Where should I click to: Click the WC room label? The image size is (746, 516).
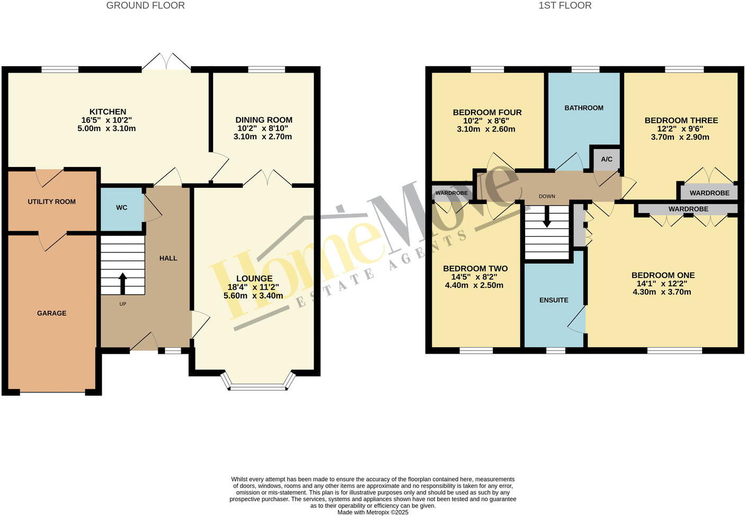122,207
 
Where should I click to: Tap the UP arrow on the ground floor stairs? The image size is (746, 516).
123,283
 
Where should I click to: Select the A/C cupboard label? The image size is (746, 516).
607,159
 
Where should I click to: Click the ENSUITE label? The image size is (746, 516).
554,300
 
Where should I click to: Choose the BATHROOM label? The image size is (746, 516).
584,108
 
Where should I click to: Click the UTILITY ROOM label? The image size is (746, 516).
52,202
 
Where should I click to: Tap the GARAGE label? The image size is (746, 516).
52,313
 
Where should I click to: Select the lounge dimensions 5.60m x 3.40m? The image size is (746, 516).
253,296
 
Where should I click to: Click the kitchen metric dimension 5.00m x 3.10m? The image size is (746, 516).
108,128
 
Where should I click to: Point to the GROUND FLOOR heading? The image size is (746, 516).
146,6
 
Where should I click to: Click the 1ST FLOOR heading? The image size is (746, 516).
565,6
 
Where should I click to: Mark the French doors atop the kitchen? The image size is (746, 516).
166,62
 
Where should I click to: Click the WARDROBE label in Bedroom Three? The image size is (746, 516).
709,193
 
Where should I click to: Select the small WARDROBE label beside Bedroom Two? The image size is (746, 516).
451,193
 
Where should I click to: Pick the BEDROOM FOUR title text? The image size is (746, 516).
487,112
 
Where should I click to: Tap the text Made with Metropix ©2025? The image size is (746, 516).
373,512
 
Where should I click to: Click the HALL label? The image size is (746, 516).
168,258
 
